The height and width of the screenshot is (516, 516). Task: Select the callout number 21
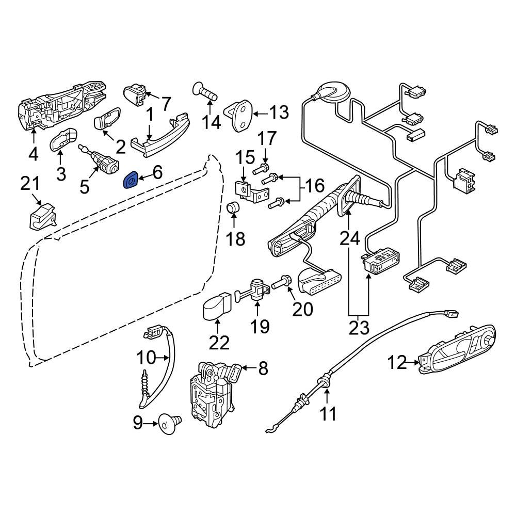30,184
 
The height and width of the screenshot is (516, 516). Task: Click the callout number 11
328,413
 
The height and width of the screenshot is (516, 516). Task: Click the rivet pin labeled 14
204,93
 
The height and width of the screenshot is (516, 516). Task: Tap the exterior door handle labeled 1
160,134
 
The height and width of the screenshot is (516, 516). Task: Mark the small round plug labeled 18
234,208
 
